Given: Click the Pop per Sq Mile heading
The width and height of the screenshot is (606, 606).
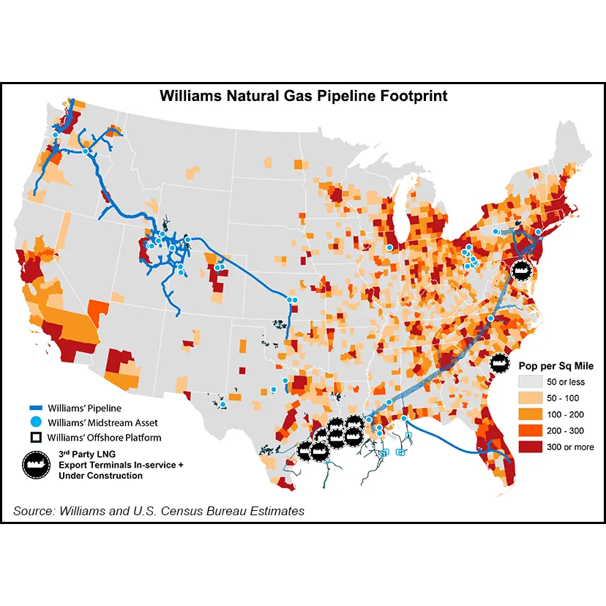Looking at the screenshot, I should tap(555, 365).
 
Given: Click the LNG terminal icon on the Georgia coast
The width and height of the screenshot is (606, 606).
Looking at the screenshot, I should tap(499, 361).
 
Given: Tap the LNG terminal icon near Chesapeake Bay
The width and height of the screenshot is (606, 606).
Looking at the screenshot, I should tap(521, 269).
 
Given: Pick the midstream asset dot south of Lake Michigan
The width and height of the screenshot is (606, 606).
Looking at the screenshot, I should tap(389, 248).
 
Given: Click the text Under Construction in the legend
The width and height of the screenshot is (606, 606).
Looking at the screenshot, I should tap(101, 475).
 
